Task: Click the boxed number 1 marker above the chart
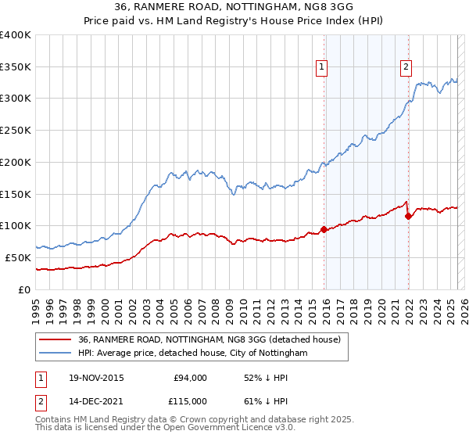tap(322, 68)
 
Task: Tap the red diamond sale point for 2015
tap(324, 229)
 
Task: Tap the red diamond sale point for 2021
tap(408, 216)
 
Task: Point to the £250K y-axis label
tap(16, 131)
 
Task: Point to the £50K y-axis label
tap(18, 257)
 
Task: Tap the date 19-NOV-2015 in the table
tap(95, 378)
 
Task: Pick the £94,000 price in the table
tap(190, 378)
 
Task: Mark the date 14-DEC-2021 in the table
tap(95, 400)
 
